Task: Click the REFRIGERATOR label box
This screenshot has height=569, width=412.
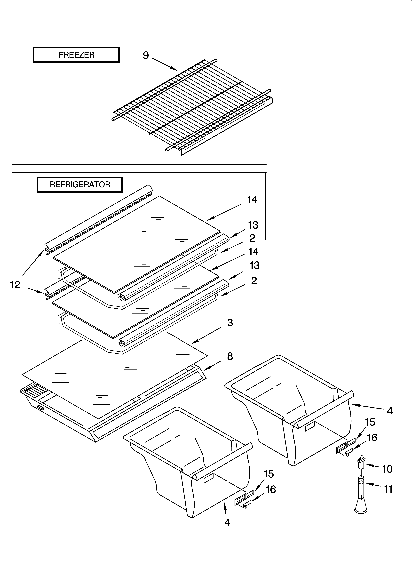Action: tap(80, 185)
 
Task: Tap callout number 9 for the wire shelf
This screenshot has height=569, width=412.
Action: tap(146, 55)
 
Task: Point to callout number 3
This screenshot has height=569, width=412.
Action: tap(230, 323)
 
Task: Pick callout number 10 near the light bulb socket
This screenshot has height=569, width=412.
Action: tap(387, 469)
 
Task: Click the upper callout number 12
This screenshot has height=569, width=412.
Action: tap(15, 285)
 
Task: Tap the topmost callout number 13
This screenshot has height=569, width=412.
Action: tap(253, 225)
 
